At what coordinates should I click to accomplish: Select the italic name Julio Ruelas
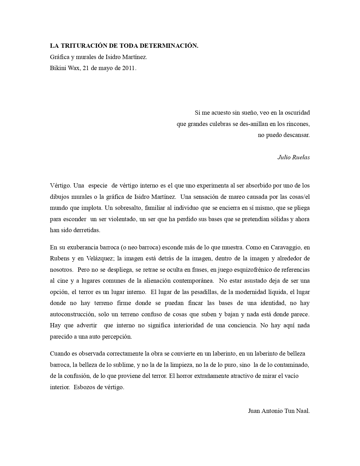click(293, 157)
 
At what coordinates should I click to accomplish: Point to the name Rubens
click(60, 258)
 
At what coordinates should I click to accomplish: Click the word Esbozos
click(84, 387)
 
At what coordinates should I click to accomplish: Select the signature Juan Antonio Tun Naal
click(279, 411)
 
